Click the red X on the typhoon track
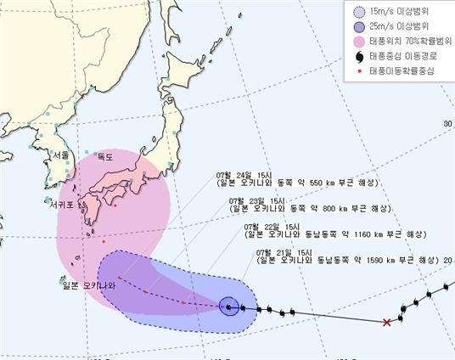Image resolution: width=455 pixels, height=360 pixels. pyautogui.click(x=387, y=322)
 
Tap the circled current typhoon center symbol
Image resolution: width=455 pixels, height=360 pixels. pyautogui.click(x=228, y=307)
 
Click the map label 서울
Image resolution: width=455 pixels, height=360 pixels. pyautogui.click(x=59, y=155)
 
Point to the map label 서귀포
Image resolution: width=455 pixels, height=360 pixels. pyautogui.click(x=64, y=203)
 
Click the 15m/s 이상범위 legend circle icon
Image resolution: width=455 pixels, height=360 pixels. pyautogui.click(x=358, y=12)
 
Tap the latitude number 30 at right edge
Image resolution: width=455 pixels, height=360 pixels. pyautogui.click(x=447, y=124)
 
